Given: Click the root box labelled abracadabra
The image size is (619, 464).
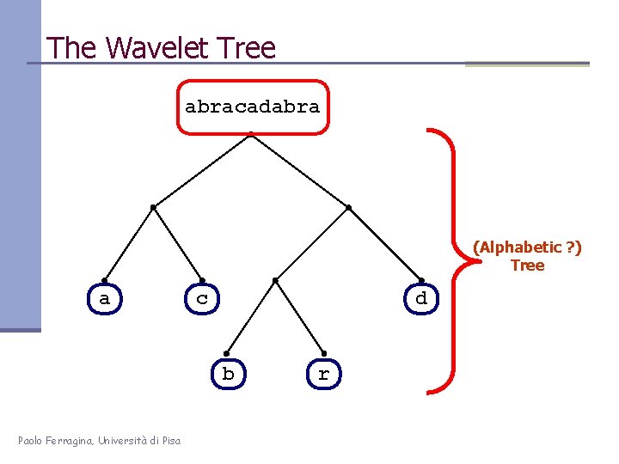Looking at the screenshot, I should click(252, 107).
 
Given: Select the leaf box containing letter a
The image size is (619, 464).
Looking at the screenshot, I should click(105, 299).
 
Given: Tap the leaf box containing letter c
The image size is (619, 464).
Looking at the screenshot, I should click(202, 299).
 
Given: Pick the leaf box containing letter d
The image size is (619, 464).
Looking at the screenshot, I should click(420, 299).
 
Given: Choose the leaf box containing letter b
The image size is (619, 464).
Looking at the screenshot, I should click(228, 374).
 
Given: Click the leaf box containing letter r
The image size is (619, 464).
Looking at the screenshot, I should click(323, 374).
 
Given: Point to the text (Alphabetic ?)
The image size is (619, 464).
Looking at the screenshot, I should click(527, 247).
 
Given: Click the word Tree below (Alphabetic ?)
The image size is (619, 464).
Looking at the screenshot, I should click(527, 266).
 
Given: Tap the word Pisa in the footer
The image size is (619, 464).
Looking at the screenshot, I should click(169, 441).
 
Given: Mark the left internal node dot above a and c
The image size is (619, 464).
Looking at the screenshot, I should click(152, 207).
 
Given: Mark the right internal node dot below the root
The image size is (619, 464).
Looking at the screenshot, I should click(348, 207).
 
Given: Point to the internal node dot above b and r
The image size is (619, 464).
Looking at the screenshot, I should click(274, 280).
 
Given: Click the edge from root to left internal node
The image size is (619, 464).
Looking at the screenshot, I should click(201, 169).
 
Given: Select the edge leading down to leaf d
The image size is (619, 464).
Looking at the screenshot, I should click(385, 244).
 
